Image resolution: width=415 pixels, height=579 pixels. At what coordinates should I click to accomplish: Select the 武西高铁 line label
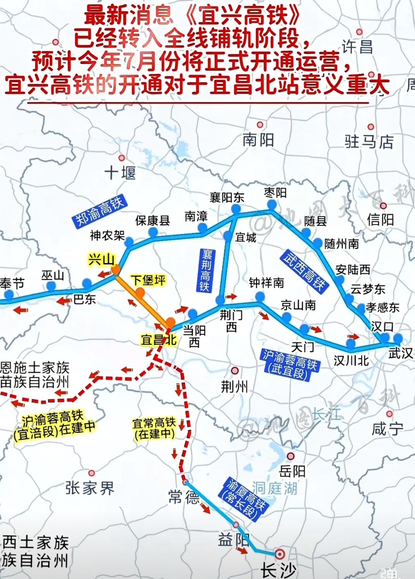pos(303,271)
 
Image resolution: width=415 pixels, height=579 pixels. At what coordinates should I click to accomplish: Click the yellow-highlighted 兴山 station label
pos(102,259)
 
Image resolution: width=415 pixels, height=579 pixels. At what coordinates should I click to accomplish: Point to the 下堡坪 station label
pos(148,280)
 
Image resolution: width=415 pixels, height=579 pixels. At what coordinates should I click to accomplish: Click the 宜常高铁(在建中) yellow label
pos(154,428)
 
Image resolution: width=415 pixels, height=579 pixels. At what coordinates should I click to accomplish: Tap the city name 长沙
pos(278,570)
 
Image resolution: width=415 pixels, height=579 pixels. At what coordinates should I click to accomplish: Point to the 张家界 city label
pos(90,488)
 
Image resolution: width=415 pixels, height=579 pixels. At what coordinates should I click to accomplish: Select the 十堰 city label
pos(120,172)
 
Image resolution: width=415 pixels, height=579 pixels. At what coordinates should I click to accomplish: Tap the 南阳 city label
pos(258,140)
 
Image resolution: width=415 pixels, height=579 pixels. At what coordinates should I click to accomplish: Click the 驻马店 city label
pos(369,142)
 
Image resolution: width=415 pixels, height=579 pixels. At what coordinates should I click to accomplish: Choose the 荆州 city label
pos(234,386)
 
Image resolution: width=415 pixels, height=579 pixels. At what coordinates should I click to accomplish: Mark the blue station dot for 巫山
pos(51,286)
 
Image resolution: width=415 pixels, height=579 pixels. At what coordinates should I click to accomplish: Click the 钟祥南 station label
pos(266,283)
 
